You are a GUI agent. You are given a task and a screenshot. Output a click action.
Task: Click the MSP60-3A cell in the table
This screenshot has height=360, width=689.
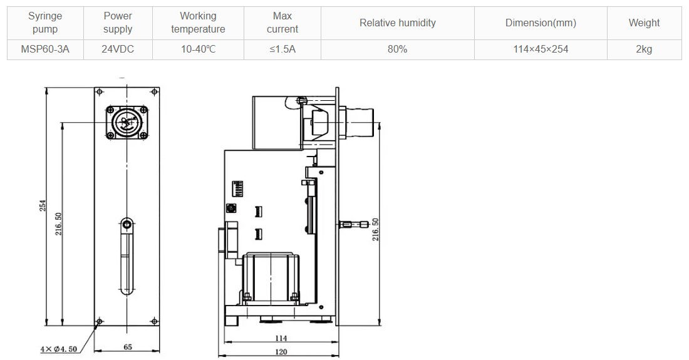tap(45, 49)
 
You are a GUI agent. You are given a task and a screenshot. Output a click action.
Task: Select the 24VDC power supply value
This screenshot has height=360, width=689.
tap(118, 49)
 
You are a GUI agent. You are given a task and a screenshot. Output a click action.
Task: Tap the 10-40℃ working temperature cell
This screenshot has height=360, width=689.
tap(198, 49)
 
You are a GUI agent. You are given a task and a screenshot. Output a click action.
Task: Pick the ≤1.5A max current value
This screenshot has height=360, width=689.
tap(282, 49)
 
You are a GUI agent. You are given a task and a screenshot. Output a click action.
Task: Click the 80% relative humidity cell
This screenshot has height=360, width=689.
tap(397, 49)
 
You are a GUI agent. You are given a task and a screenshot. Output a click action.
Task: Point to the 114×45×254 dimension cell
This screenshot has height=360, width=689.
tap(541, 49)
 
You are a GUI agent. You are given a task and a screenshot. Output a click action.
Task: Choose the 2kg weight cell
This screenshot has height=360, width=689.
tap(644, 49)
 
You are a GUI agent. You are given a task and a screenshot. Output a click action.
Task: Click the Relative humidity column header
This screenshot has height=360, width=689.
tap(397, 23)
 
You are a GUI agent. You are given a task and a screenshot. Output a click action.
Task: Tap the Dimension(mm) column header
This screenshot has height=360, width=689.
tap(541, 23)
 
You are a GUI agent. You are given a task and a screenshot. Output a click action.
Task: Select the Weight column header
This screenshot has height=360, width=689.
tap(644, 23)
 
